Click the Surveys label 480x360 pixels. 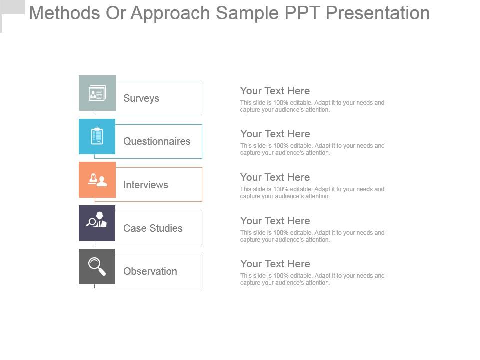(x=141, y=98)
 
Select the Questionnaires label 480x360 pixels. (x=157, y=141)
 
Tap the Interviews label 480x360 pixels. (x=146, y=185)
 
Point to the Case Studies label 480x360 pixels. (x=153, y=228)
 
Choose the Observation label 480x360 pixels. (x=150, y=271)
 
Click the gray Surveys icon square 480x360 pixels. (x=97, y=93)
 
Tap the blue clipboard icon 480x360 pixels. (x=97, y=136)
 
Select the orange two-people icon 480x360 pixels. (x=97, y=180)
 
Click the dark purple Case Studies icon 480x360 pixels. (x=97, y=223)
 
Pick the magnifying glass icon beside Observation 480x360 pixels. (x=97, y=266)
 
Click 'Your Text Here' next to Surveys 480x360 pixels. (x=275, y=91)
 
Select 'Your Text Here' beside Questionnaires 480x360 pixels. (x=275, y=134)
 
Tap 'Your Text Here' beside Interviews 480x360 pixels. (x=275, y=177)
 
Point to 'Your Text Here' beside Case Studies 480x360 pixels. (x=275, y=221)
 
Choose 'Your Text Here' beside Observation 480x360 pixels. (x=275, y=264)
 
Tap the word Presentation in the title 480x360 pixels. (x=378, y=13)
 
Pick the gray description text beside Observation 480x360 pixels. (x=312, y=279)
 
